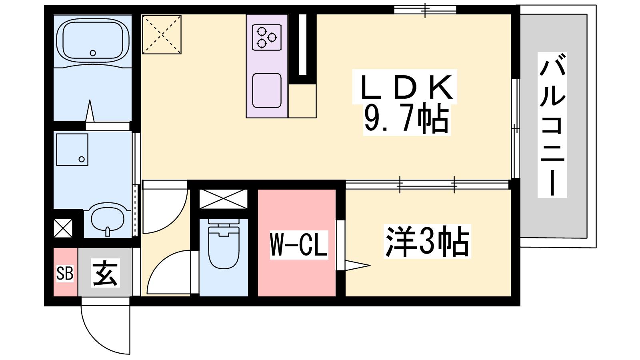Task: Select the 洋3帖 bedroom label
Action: [428, 242]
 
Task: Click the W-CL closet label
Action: [298, 245]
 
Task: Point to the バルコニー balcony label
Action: [552, 125]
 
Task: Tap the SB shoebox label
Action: [65, 273]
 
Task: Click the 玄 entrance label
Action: [105, 273]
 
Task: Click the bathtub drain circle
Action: [92, 53]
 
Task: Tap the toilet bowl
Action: [224, 244]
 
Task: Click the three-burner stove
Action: [266, 38]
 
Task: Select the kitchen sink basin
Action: [266, 90]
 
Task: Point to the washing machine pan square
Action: [72, 150]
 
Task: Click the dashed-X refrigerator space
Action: [162, 34]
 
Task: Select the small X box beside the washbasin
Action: [63, 228]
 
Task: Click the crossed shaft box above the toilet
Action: [223, 199]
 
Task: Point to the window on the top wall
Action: [425, 10]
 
